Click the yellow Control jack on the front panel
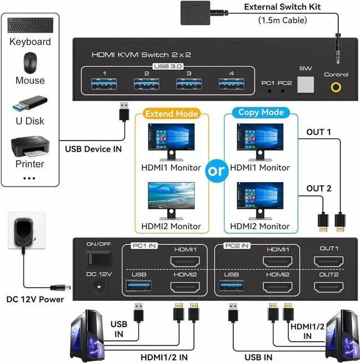[336, 87]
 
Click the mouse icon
[30, 62]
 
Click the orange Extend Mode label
[172, 113]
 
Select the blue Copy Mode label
[256, 112]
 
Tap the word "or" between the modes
[216, 171]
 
